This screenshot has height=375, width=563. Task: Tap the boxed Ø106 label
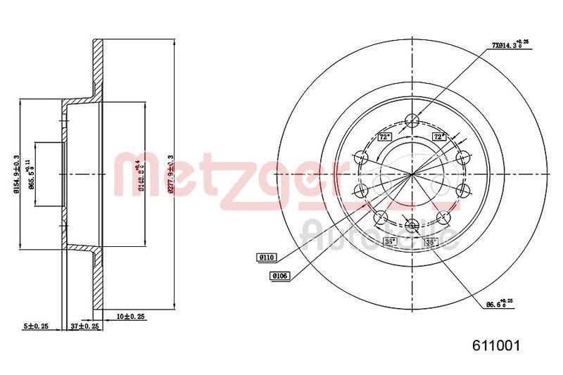coord(279,277)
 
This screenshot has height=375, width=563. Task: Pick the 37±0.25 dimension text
coord(86,326)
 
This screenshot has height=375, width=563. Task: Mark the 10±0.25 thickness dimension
coord(130,317)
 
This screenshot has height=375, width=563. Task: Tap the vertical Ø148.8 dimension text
coord(141,173)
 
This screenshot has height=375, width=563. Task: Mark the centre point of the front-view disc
coord(413,173)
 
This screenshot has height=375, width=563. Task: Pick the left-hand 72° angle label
coord(385,136)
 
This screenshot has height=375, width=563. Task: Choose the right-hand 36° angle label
coord(431,242)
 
